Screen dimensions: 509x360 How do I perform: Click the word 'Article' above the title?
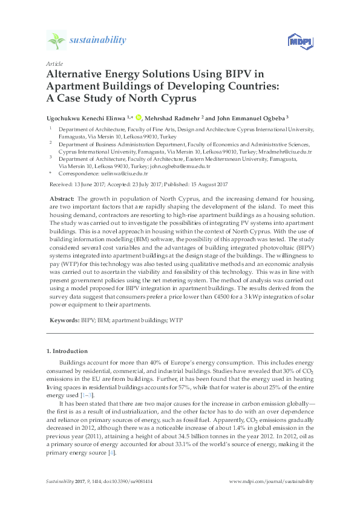54,63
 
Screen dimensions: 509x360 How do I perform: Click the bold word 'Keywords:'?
63,319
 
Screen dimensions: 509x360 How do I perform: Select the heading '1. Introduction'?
67,351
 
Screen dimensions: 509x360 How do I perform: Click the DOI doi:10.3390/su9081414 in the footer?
117,482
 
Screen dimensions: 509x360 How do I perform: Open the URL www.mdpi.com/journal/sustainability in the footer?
272,482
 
